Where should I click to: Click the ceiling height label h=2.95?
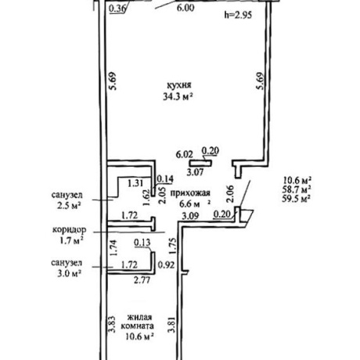pos(238,15)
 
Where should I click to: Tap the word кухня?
pos(179,85)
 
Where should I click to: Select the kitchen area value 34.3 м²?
pos(178,97)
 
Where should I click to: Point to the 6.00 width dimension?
pos(185,8)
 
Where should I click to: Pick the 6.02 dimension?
pos(185,154)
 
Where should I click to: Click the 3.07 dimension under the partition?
pos(196,172)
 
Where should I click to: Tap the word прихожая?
pos(190,193)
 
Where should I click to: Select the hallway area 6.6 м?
pos(189,203)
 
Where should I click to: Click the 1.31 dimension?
pos(135,183)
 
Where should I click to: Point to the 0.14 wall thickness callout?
pos(165,178)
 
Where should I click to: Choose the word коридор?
pos(69,230)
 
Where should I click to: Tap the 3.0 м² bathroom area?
pos(69,274)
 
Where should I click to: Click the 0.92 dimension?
pos(166,265)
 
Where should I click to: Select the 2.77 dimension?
pos(142,281)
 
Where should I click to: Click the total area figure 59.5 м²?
pos(296,200)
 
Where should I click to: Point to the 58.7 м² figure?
pos(296,189)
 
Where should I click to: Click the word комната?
pos(138,326)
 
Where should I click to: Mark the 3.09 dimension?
pos(190,216)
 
